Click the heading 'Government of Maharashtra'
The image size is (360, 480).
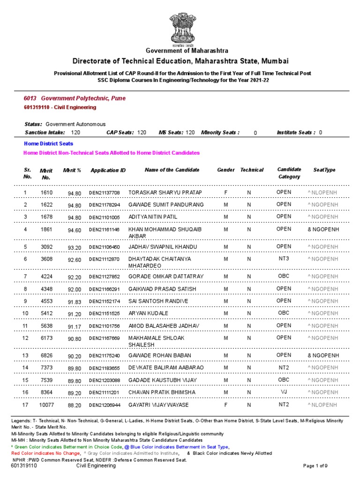pos(187,51)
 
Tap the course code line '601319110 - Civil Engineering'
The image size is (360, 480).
pos(60,107)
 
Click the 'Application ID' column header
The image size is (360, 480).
pos(108,170)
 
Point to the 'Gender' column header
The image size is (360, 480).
pos(226,170)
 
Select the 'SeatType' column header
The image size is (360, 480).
pos(324,170)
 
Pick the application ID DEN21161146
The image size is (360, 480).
pos(105,230)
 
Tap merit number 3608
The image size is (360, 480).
pos(46,259)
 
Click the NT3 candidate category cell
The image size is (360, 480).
pos(284,259)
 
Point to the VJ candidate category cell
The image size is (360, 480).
pos(284,392)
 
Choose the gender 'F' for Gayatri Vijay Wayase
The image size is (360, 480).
pos(226,404)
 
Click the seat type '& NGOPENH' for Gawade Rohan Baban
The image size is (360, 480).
pos(323,355)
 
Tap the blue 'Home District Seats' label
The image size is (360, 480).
pos(48,143)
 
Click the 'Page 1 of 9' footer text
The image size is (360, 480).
pos(322,465)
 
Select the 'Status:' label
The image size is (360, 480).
pos(33,124)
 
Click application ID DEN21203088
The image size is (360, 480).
pos(105,380)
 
